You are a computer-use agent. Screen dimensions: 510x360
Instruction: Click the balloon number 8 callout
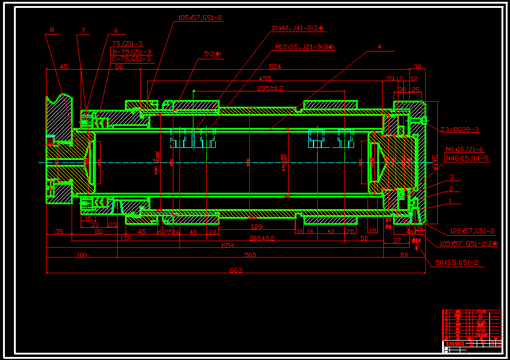(52, 30)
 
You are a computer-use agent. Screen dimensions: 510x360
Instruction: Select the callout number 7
(83, 30)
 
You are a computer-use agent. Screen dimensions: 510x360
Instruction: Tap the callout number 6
(116, 30)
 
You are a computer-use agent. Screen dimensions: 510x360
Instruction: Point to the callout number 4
(380, 47)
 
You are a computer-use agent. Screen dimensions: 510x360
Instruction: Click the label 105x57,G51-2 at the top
(201, 18)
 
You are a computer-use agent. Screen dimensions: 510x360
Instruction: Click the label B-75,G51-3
(132, 52)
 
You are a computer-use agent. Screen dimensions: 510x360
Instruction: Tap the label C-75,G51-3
(132, 59)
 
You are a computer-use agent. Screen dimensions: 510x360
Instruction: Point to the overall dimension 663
(236, 270)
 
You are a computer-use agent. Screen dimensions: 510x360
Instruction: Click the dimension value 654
(227, 245)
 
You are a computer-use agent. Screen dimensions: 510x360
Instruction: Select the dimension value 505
(249, 255)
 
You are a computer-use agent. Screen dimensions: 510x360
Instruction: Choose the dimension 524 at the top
(276, 67)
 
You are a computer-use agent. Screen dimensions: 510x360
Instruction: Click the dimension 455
(265, 78)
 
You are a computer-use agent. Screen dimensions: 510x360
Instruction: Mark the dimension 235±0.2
(270, 88)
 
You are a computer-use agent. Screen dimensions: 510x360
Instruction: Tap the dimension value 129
(257, 226)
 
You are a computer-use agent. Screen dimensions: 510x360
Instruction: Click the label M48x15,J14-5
(467, 158)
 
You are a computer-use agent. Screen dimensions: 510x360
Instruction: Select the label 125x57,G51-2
(472, 231)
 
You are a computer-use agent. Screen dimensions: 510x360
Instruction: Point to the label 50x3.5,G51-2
(457, 262)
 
